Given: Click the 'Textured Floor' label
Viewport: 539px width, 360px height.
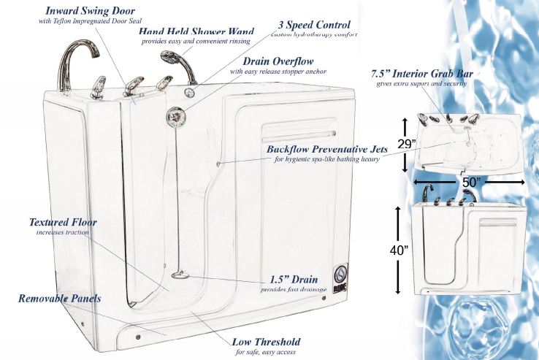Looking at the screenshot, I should pyautogui.click(x=63, y=222).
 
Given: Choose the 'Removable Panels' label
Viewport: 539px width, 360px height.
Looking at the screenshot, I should pyautogui.click(x=60, y=299).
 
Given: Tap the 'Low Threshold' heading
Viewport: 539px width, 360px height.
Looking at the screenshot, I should pyautogui.click(x=266, y=342).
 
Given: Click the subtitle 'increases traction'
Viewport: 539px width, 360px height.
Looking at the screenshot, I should pyautogui.click(x=63, y=233).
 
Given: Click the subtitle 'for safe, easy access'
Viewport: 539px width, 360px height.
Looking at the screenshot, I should pyautogui.click(x=266, y=353).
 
